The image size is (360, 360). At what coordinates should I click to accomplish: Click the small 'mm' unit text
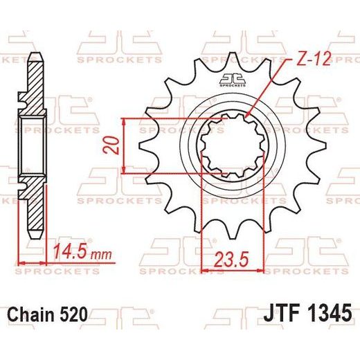click(x=102, y=255)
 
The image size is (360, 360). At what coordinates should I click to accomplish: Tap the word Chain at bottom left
click(x=32, y=314)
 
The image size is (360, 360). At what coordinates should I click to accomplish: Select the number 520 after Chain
click(x=74, y=314)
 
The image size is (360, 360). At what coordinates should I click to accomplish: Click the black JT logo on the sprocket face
click(x=233, y=80)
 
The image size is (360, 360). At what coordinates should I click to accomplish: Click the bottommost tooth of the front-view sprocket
click(x=233, y=231)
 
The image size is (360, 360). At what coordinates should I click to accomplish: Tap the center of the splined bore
click(x=233, y=146)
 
